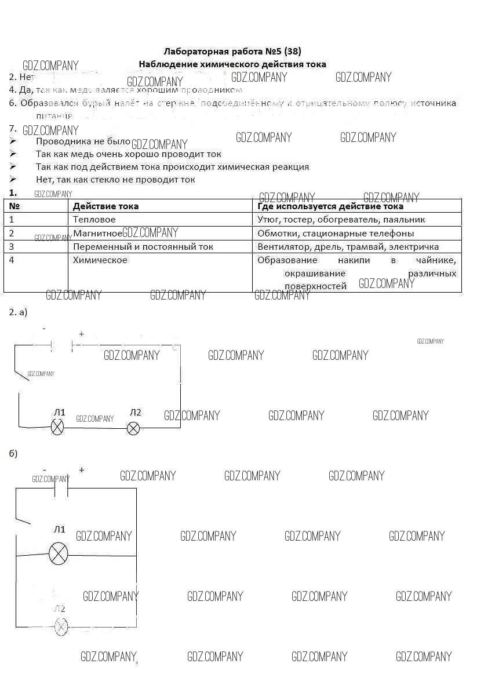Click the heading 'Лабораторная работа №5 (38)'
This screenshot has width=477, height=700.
pyautogui.click(x=232, y=51)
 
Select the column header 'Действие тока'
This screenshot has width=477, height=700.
pyautogui.click(x=105, y=206)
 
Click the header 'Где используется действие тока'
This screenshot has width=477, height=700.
pyautogui.click(x=330, y=206)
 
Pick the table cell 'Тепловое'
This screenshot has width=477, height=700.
pyautogui.click(x=94, y=220)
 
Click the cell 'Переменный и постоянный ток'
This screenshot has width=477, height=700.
pyautogui.click(x=143, y=246)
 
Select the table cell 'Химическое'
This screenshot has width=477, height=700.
pyautogui.click(x=100, y=260)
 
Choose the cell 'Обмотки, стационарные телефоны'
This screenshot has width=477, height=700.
pyautogui.click(x=336, y=233)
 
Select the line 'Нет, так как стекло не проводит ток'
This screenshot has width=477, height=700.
pyautogui.click(x=115, y=180)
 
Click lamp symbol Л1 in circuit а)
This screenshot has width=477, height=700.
pyautogui.click(x=58, y=428)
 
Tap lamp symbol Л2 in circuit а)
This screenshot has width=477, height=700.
pyautogui.click(x=133, y=428)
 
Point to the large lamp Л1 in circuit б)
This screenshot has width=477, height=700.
pyautogui.click(x=58, y=554)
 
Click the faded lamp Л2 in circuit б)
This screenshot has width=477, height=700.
pyautogui.click(x=61, y=626)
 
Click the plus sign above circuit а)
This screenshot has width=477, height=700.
pyautogui.click(x=81, y=334)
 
